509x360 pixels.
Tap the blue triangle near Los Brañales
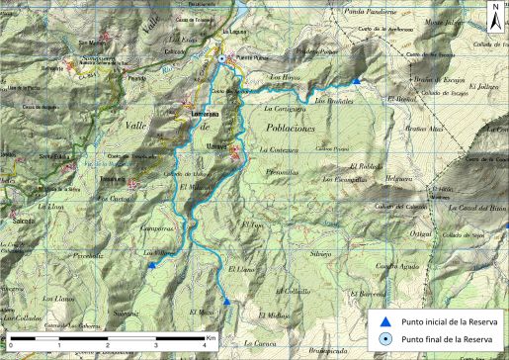357,81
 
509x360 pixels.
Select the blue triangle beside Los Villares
151,264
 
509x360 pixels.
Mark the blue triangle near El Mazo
226,302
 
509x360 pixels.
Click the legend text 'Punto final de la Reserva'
448,340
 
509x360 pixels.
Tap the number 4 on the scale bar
202,346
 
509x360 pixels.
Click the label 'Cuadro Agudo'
398,240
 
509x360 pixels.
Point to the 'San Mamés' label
92,43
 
